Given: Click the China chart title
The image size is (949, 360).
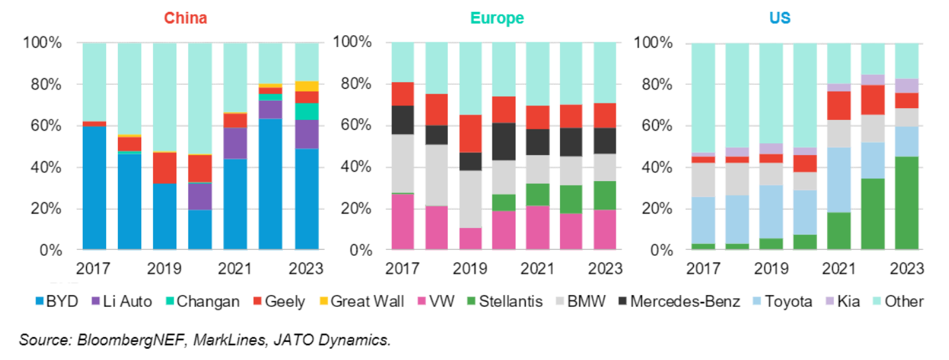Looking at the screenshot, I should point(186,18).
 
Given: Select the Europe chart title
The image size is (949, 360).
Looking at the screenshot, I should point(497,18).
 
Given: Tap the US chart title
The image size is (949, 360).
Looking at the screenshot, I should point(779,18).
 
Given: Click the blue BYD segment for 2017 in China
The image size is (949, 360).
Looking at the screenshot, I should point(94,188).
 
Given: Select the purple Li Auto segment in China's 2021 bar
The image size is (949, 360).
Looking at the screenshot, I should point(235,143).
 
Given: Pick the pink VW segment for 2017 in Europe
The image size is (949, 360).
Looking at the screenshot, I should point(403,222).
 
